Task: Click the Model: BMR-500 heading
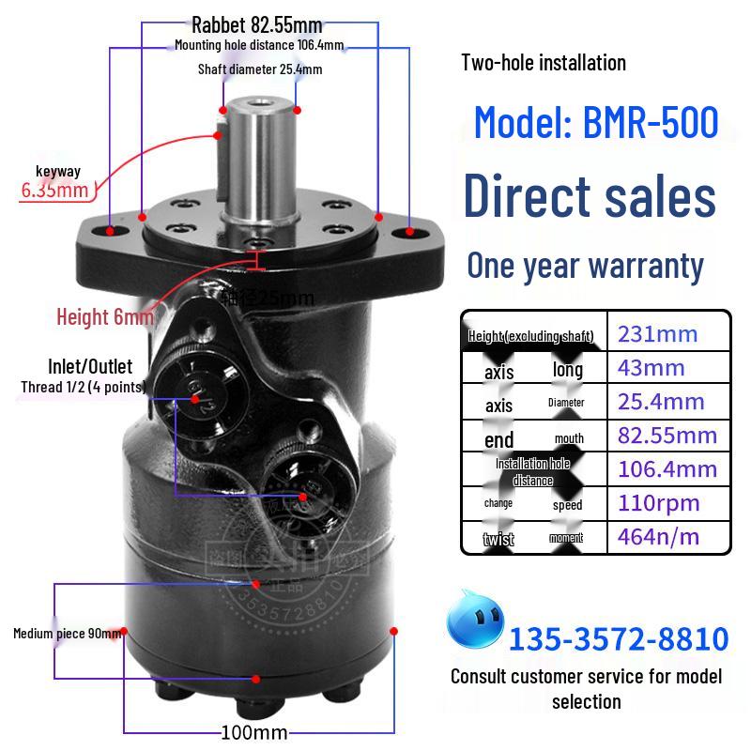tap(596, 123)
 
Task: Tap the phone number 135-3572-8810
tap(618, 639)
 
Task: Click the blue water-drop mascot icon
tap(475, 621)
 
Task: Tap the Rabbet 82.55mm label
tap(256, 24)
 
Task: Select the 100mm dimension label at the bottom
tap(253, 731)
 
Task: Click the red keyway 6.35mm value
tap(54, 191)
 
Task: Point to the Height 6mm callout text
tap(104, 316)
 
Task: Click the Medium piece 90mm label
tap(67, 634)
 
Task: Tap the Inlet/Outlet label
tap(90, 366)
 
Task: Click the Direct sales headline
tap(590, 197)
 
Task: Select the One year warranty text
tap(585, 266)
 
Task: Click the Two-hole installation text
tap(544, 63)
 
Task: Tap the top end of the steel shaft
tap(258, 99)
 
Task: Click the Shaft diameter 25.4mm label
tap(259, 69)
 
